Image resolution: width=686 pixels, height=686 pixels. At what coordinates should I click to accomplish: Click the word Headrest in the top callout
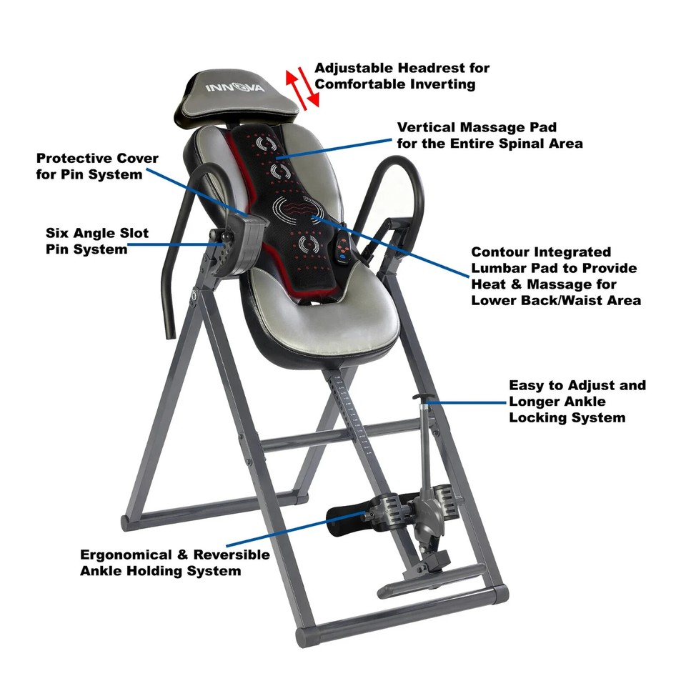point(457,68)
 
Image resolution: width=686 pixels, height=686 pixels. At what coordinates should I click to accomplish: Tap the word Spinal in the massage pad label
point(517,144)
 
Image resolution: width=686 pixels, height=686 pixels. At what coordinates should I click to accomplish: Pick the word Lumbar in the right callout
point(497,268)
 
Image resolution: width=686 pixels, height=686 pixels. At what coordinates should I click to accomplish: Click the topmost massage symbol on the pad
point(267,144)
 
